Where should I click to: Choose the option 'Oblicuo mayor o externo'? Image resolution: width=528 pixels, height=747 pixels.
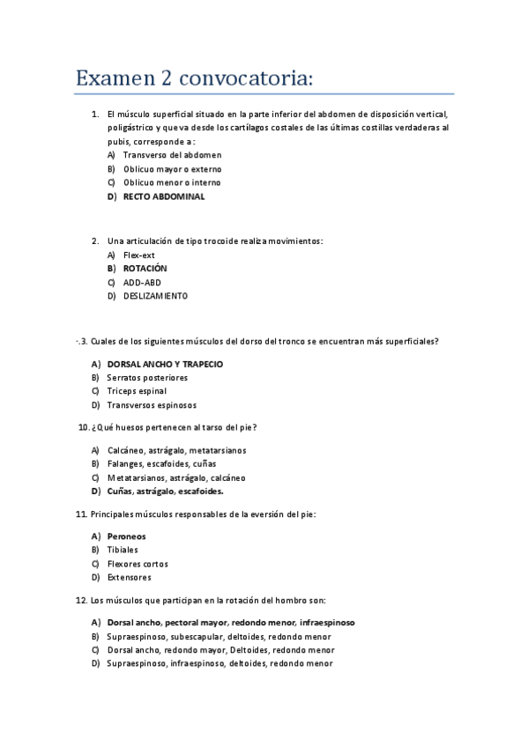click(x=172, y=169)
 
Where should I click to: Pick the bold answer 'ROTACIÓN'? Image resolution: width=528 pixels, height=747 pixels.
click(x=145, y=268)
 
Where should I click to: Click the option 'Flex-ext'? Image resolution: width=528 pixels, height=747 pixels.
click(x=138, y=254)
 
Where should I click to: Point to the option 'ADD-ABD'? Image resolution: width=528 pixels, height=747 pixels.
click(x=142, y=282)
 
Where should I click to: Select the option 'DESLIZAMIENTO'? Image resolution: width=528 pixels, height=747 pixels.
click(x=155, y=296)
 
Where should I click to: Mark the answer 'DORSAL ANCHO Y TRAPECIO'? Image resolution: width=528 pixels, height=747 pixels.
click(x=165, y=364)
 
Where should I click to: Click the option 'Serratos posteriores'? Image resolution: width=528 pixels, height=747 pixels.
click(x=147, y=378)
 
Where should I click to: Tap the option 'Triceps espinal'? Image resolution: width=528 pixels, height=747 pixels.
click(x=137, y=391)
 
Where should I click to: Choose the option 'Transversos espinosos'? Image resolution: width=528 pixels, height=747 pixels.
click(x=152, y=405)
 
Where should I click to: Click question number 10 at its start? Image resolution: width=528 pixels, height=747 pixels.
click(x=84, y=428)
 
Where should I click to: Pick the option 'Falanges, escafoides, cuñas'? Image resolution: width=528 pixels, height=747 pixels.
click(x=161, y=463)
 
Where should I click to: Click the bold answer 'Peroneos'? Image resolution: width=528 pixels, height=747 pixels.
click(x=126, y=536)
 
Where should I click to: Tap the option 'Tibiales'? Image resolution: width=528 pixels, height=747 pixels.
click(x=123, y=550)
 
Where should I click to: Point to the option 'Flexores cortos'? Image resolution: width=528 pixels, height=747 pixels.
click(x=138, y=564)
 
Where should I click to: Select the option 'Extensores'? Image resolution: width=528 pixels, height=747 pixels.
click(x=129, y=578)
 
